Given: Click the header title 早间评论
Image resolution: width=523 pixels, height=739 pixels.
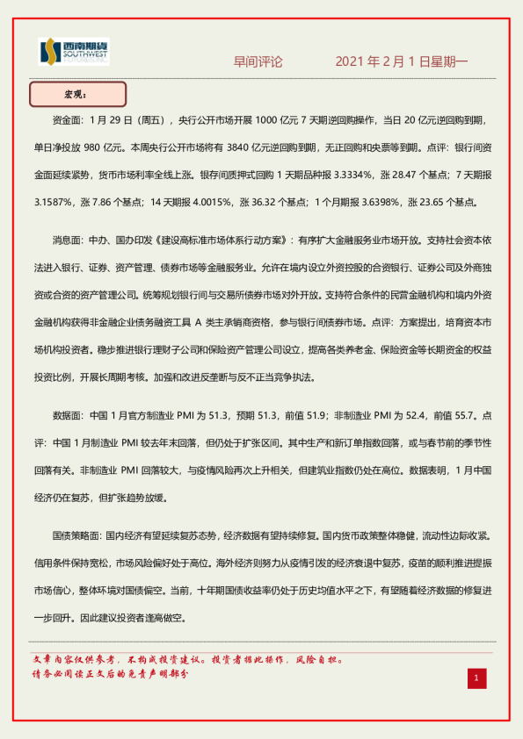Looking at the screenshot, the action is click(258, 62).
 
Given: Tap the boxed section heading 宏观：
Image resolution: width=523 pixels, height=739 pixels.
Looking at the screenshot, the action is click(77, 94).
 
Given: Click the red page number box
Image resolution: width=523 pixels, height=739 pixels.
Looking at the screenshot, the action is click(476, 678).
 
